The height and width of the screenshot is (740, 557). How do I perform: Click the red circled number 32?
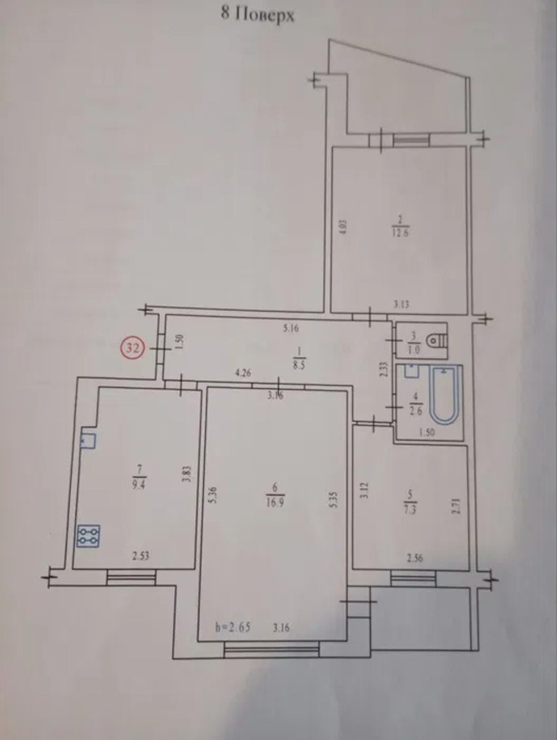[x=133, y=348]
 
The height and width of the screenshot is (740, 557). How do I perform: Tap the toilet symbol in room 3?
[x=437, y=341]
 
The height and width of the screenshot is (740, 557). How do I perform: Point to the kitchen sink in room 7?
[x=88, y=441]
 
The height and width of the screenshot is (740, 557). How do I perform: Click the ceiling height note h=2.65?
[x=233, y=627]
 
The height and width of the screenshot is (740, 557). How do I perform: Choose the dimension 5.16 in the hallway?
[x=291, y=328]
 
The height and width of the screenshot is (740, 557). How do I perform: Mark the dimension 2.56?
[x=415, y=559]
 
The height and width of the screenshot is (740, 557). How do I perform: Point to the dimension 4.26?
[x=244, y=373]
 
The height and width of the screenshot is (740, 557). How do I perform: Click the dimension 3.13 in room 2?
[x=401, y=305]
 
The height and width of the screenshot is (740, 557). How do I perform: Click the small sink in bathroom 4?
[x=412, y=371]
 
